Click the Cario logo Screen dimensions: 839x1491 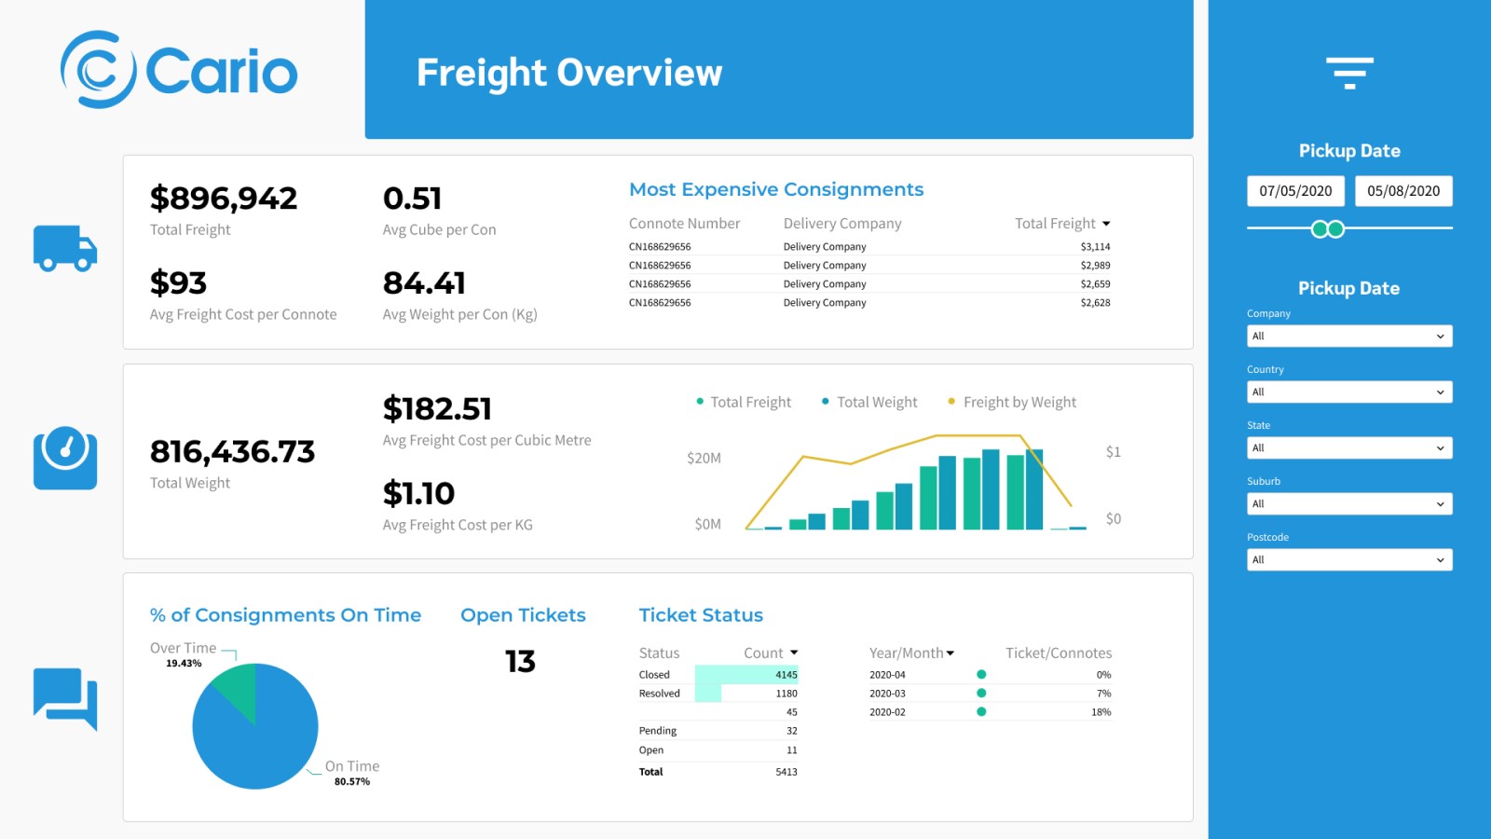[x=179, y=70]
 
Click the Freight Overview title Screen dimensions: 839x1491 [x=568, y=73]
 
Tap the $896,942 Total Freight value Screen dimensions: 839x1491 [x=224, y=199]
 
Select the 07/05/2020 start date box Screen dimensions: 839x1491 [x=1295, y=191]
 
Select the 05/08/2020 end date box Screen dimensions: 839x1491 [x=1402, y=191]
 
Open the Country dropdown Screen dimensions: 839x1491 [x=1348, y=392]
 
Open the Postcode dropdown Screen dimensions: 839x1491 [x=1348, y=560]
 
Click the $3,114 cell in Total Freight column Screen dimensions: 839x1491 [x=1095, y=247]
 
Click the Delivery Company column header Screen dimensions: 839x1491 [x=841, y=224]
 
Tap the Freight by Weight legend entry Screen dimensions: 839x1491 [x=1019, y=402]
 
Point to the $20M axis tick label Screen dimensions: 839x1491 [x=704, y=458]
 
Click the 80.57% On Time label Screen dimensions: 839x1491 [x=352, y=782]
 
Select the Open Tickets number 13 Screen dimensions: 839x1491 [x=520, y=662]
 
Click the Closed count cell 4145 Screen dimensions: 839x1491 [x=786, y=675]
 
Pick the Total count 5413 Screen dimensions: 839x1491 [x=786, y=772]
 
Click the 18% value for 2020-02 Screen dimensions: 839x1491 [x=1101, y=712]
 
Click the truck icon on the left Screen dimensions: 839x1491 [x=65, y=248]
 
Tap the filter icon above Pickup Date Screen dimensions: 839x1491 [x=1349, y=73]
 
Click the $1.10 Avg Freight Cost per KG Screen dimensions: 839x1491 [x=418, y=494]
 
